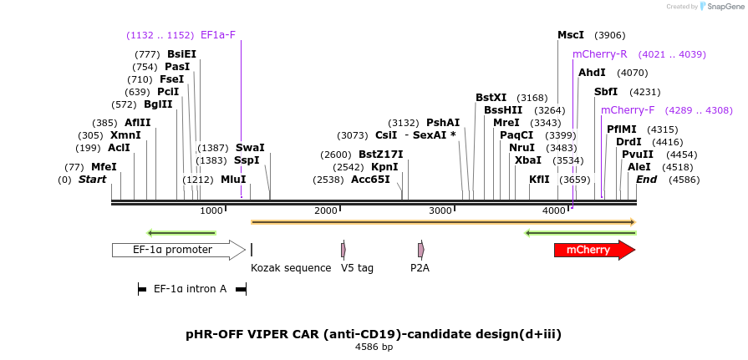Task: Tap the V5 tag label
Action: pyautogui.click(x=357, y=268)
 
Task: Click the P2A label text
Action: pyautogui.click(x=420, y=268)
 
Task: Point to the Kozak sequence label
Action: pyautogui.click(x=291, y=268)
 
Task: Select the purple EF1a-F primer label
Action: pyautogui.click(x=218, y=35)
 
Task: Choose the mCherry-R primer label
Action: pyautogui.click(x=599, y=54)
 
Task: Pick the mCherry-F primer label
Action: pyautogui.click(x=628, y=110)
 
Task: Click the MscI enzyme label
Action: pyautogui.click(x=571, y=35)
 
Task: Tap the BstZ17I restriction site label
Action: pyautogui.click(x=380, y=155)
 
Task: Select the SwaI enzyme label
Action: pyautogui.click(x=250, y=148)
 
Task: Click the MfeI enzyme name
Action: pyautogui.click(x=104, y=167)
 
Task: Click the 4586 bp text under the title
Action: pyautogui.click(x=374, y=347)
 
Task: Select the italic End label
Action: pyautogui.click(x=646, y=180)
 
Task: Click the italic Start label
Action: pyautogui.click(x=93, y=180)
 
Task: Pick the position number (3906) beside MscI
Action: pyautogui.click(x=609, y=35)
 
